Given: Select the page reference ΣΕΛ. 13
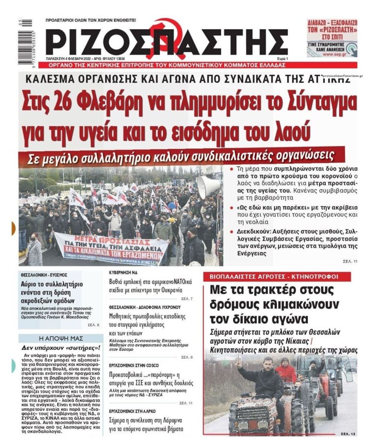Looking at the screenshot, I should pyautogui.click(x=348, y=434).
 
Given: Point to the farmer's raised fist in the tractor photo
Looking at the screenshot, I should pyautogui.click(x=237, y=364).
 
